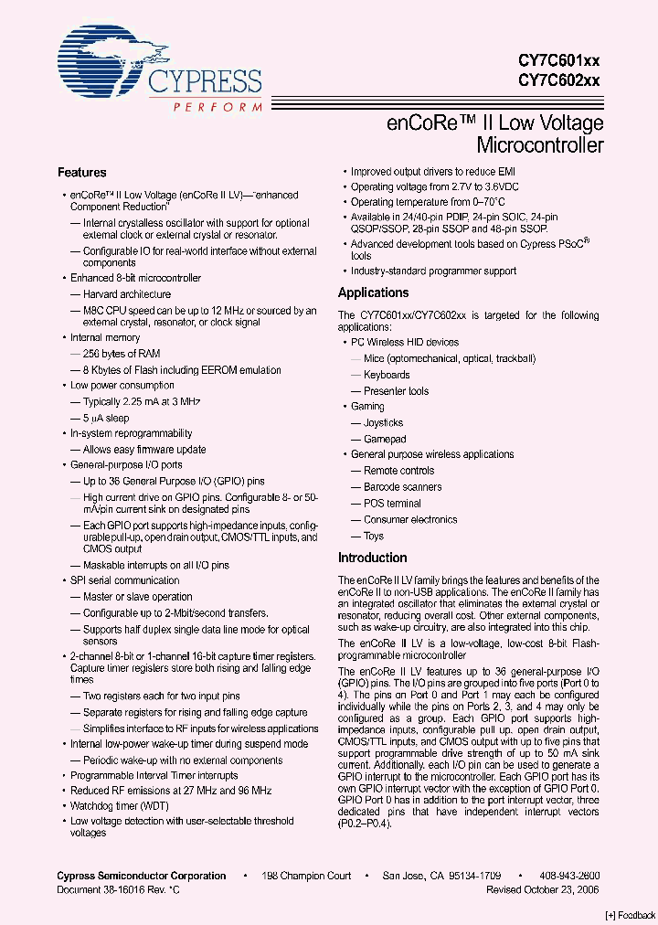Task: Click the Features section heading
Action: pos(81,173)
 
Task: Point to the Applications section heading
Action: pos(373,292)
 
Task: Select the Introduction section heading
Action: pos(372,558)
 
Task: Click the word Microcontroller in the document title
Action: pos(540,145)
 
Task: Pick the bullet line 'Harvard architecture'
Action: pos(126,294)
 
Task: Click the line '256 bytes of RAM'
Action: pos(122,354)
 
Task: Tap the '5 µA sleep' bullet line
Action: pos(106,418)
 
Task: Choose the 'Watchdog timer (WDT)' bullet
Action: pos(119,806)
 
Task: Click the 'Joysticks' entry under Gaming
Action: pos(383,423)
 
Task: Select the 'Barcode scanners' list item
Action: pos(402,487)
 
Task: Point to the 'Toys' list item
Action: pos(373,536)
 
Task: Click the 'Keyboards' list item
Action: pos(387,375)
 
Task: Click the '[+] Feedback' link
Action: pos(631,915)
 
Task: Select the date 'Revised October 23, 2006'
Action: pos(543,889)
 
